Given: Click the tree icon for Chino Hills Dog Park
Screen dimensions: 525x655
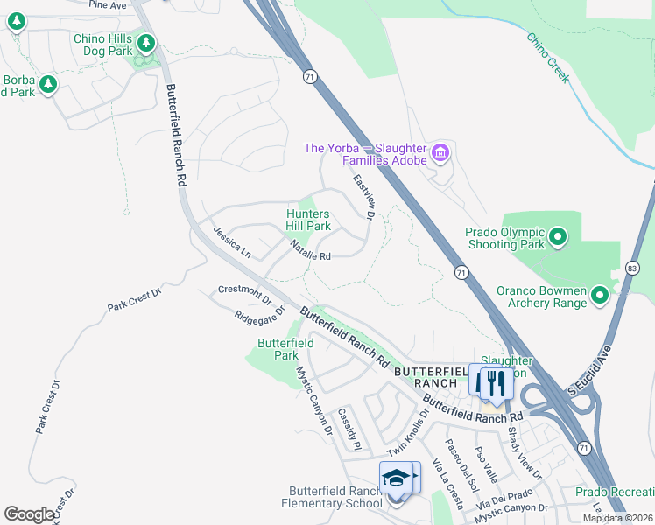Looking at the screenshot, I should [x=147, y=42].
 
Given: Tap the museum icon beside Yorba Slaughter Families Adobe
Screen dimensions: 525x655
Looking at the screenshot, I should [x=440, y=154].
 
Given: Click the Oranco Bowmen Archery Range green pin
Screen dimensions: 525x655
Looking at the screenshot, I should [x=600, y=296].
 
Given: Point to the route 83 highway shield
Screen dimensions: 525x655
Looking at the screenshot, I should [x=633, y=266].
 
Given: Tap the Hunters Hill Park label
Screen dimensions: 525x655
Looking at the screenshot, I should [x=308, y=220].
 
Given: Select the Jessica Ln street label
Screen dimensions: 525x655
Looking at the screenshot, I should [x=232, y=241].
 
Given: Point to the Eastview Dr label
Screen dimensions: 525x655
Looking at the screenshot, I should [x=364, y=196].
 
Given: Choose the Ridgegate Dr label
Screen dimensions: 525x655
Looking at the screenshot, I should [x=260, y=314].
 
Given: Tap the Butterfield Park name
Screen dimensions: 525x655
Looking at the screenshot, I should [x=285, y=349].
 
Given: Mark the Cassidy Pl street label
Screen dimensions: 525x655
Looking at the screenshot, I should [x=349, y=427].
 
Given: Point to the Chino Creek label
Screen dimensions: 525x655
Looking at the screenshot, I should [x=547, y=57].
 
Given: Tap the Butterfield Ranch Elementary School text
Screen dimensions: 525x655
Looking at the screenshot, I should [x=331, y=497].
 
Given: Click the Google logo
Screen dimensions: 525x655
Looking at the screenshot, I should [x=29, y=514].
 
